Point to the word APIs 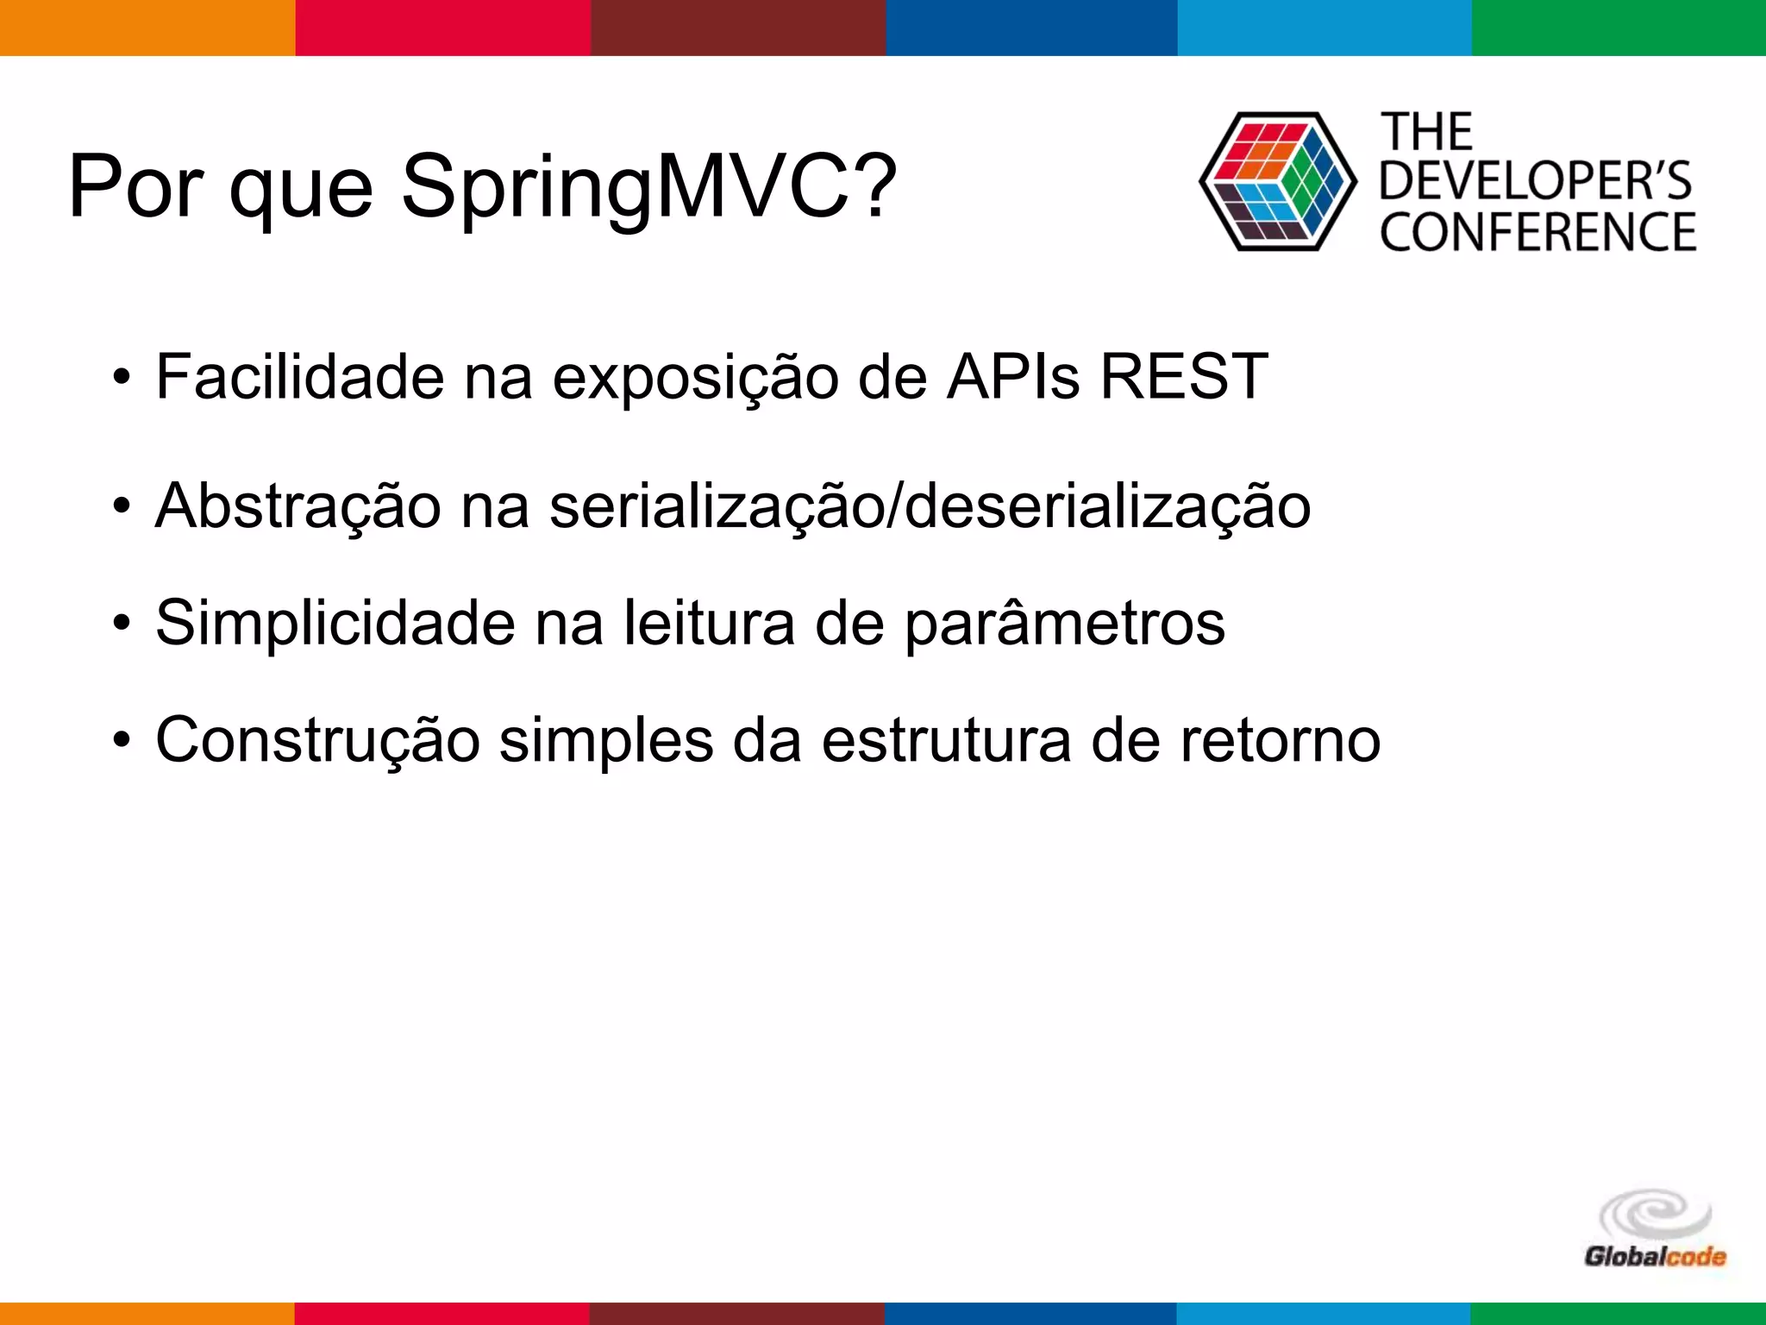1012,377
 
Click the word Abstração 297,506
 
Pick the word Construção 317,740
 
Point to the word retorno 1280,740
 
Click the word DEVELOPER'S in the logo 1536,181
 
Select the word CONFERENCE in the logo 1537,232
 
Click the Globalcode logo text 1655,1256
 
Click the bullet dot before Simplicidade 122,623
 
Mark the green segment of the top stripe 1619,28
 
